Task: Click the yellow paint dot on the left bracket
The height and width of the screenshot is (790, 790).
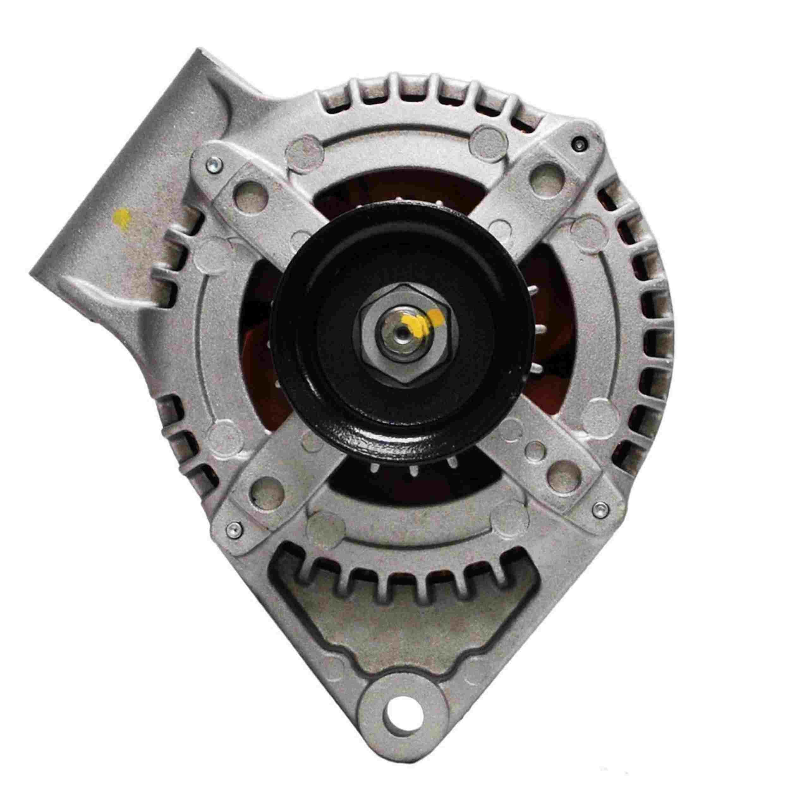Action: point(121,216)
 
